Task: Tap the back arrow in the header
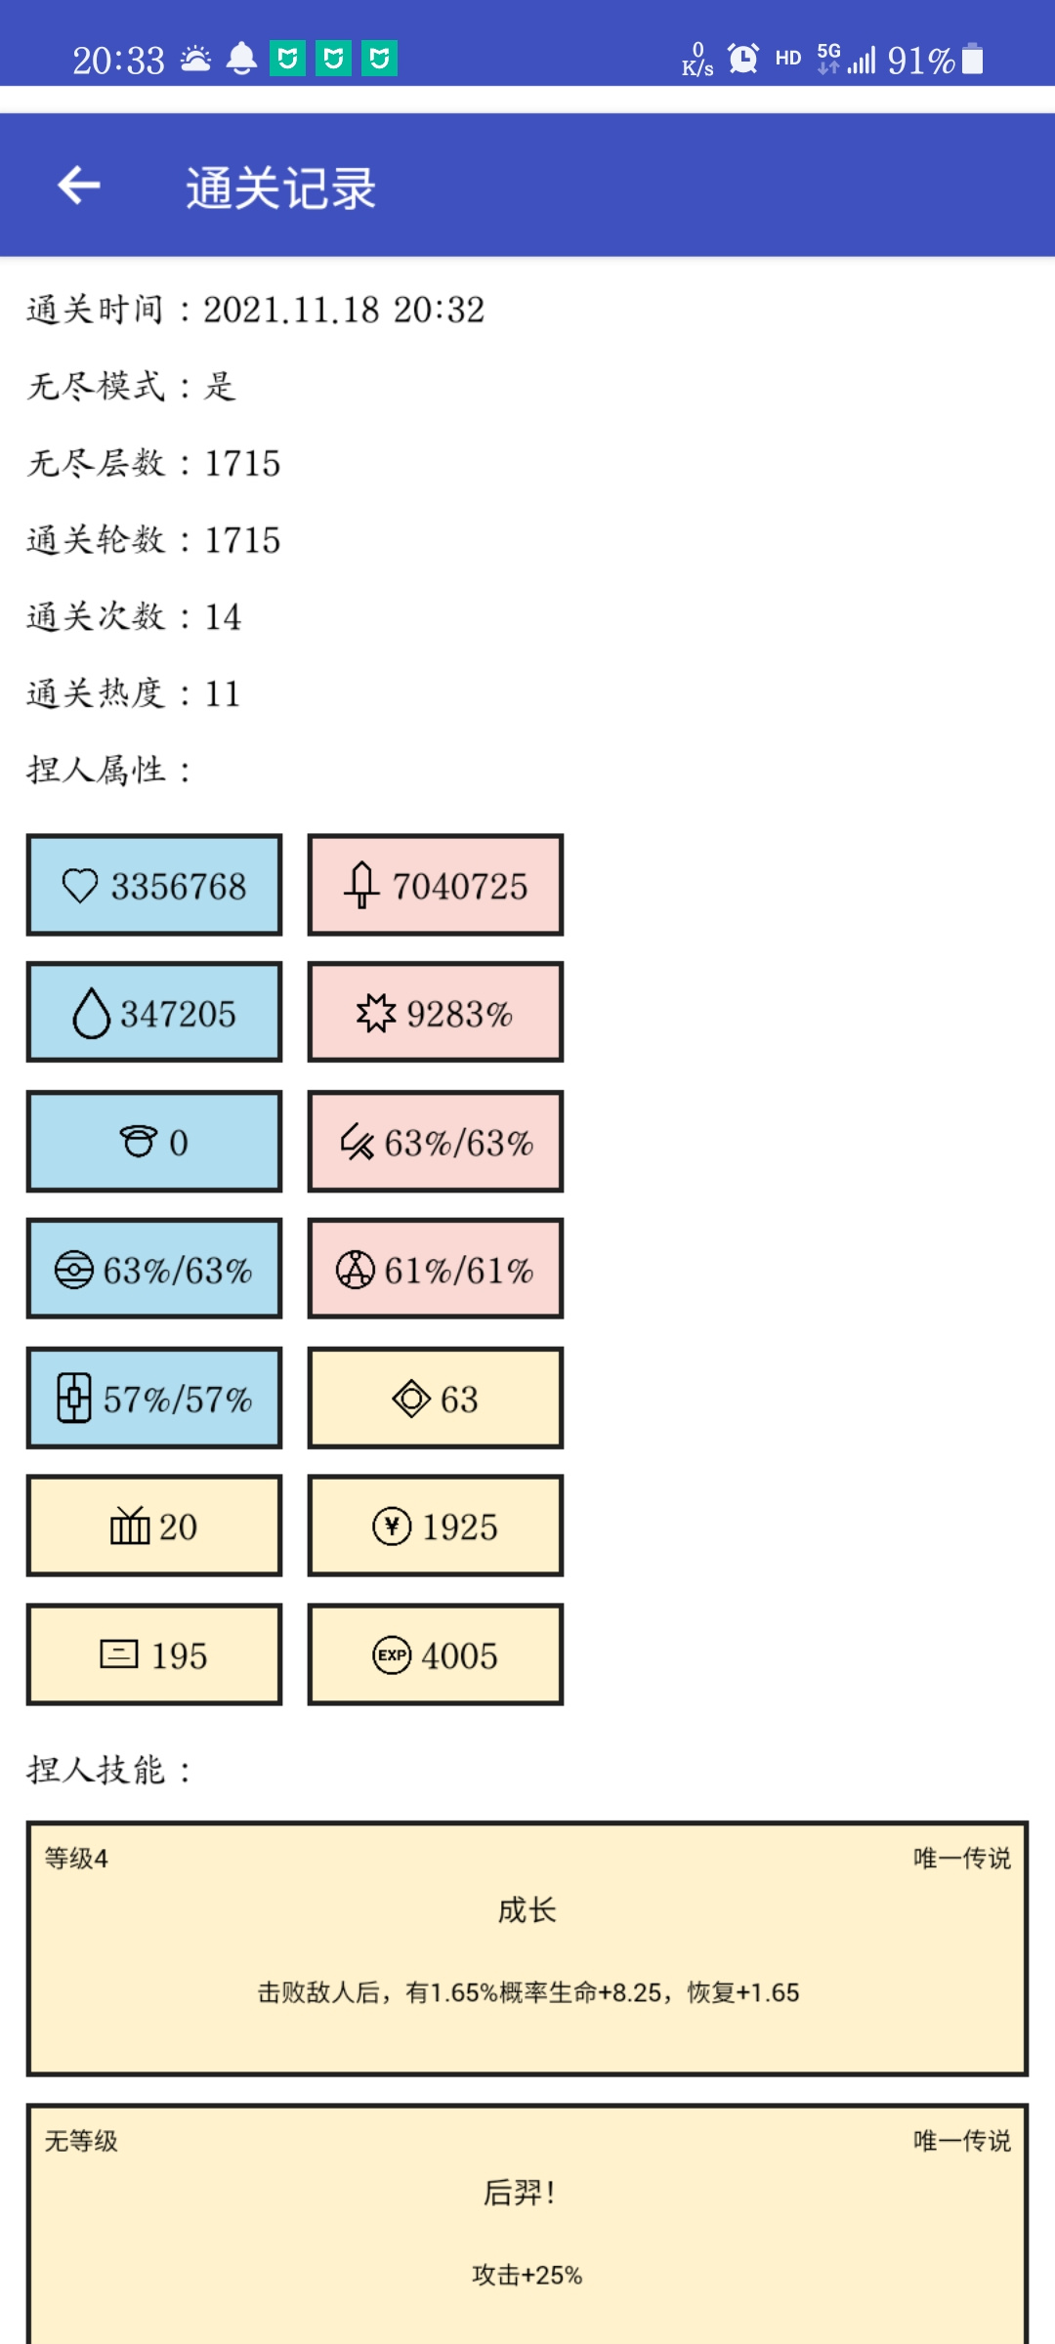pyautogui.click(x=79, y=185)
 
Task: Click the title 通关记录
pyautogui.click(x=281, y=188)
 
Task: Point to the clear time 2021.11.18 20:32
pyautogui.click(x=344, y=310)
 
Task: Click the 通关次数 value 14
pyautogui.click(x=223, y=616)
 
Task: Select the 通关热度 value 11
pyautogui.click(x=223, y=693)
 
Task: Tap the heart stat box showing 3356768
pyautogui.click(x=154, y=885)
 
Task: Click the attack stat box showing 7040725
pyautogui.click(x=436, y=885)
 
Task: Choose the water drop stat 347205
pyautogui.click(x=154, y=1013)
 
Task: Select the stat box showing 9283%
pyautogui.click(x=436, y=1013)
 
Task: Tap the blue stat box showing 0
pyautogui.click(x=154, y=1142)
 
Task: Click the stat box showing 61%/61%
pyautogui.click(x=436, y=1270)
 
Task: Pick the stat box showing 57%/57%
pyautogui.click(x=154, y=1398)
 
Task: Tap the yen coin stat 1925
pyautogui.click(x=436, y=1526)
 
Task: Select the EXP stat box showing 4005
pyautogui.click(x=436, y=1654)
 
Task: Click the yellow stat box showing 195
pyautogui.click(x=154, y=1654)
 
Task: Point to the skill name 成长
pyautogui.click(x=527, y=1909)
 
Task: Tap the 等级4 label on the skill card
pyautogui.click(x=76, y=1858)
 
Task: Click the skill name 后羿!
pyautogui.click(x=520, y=2193)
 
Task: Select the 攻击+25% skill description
pyautogui.click(x=527, y=2275)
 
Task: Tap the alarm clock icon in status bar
pyautogui.click(x=743, y=59)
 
